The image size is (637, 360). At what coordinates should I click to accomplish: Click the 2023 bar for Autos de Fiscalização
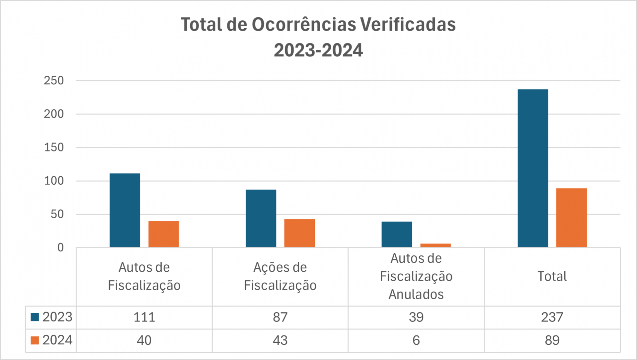[x=125, y=210]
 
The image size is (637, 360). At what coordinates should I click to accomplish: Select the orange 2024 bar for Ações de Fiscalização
[x=300, y=233]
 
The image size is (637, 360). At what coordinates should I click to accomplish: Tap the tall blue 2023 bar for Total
[x=533, y=168]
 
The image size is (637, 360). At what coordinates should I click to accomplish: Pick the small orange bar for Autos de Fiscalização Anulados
[x=435, y=245]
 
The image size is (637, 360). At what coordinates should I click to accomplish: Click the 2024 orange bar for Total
[x=571, y=218]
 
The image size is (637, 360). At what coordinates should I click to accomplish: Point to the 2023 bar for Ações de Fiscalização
[x=261, y=218]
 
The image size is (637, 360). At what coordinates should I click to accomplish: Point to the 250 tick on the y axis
[x=54, y=81]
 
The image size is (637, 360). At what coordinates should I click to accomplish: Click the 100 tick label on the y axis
[x=54, y=181]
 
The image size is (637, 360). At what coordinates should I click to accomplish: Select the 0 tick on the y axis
[x=60, y=248]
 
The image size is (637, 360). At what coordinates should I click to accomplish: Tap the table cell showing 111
[x=144, y=317]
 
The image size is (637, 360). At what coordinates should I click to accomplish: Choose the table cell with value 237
[x=552, y=317]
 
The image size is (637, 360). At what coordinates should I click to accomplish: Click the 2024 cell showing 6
[x=416, y=340]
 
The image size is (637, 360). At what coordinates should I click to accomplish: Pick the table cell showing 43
[x=280, y=340]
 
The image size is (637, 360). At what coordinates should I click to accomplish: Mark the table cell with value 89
[x=552, y=340]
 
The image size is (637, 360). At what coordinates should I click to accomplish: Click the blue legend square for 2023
[x=35, y=317]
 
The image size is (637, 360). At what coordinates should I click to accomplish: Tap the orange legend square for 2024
[x=35, y=340]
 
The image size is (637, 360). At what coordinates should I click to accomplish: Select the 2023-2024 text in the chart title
[x=318, y=51]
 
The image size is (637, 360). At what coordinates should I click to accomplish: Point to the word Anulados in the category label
[x=416, y=295]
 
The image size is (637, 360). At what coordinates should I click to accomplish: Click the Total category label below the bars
[x=552, y=276]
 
